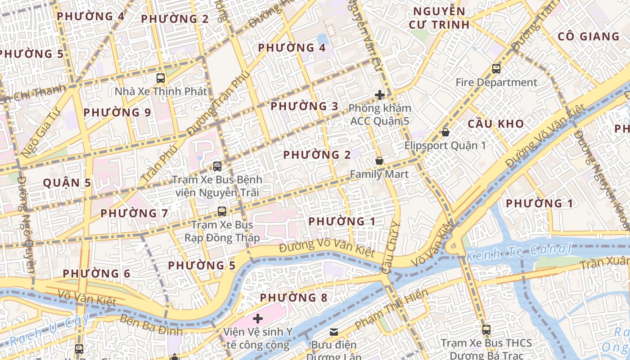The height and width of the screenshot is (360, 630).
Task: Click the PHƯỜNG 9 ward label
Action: click(x=117, y=112)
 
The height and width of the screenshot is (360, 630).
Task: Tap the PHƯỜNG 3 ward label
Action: click(x=304, y=107)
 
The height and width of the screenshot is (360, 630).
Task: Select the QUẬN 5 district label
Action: click(x=67, y=183)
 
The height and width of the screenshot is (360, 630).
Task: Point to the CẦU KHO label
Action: click(x=495, y=124)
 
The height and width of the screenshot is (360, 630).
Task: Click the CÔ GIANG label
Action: click(x=588, y=36)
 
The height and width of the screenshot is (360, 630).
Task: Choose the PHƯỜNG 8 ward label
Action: click(x=294, y=297)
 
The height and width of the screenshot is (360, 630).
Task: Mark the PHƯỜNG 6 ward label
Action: click(x=96, y=274)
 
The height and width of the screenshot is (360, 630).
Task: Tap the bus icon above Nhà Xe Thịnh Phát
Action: click(x=161, y=78)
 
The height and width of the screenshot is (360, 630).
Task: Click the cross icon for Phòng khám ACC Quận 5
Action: click(x=380, y=95)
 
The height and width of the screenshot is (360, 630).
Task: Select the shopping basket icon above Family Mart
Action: click(x=379, y=161)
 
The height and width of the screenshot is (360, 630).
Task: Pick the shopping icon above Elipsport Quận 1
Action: click(x=445, y=132)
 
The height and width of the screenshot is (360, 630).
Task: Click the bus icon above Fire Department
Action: click(x=496, y=69)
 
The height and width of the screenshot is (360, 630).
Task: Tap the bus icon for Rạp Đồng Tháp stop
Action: click(x=221, y=211)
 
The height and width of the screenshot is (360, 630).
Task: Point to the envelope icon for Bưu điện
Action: click(x=334, y=332)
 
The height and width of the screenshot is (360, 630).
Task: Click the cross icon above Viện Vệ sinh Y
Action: click(x=257, y=319)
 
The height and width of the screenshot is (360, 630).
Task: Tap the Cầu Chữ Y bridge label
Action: click(x=390, y=247)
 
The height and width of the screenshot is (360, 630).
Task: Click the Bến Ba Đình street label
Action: click(x=151, y=325)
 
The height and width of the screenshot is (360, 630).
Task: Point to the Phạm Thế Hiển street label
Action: click(x=391, y=310)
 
